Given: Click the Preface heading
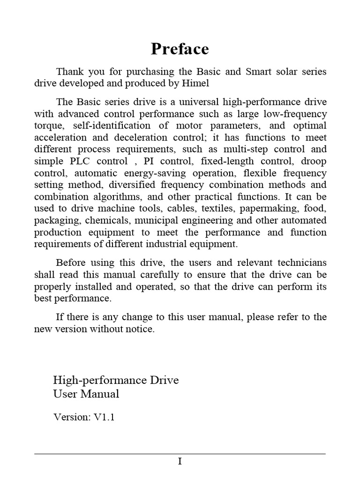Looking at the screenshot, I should point(180,49).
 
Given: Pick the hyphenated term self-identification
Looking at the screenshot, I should point(105,126).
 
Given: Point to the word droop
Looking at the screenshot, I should point(314,161).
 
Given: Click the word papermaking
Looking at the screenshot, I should point(267,209).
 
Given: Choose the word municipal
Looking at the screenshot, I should point(156,220).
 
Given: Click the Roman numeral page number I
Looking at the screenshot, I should point(180,462).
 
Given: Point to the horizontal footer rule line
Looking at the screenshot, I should point(180,454).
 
